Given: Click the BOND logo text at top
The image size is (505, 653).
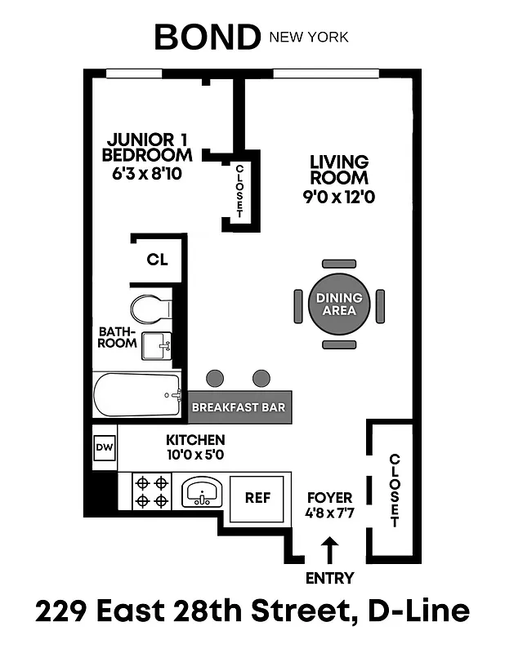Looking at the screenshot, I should pos(207,37).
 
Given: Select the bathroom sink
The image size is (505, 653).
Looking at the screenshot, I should pos(156,346).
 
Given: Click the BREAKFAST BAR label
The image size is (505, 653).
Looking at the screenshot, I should pos(238,406).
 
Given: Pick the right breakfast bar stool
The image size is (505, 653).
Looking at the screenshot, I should pos(261,378).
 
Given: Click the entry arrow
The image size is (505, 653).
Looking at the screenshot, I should pos(330,549).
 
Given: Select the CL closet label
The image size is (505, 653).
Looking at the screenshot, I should pos(157,260).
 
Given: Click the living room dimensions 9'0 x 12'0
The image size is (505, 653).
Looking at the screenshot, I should pos(338,196).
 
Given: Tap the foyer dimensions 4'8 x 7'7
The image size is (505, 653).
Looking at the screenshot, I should pos(329,514).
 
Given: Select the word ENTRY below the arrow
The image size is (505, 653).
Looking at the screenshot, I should pos(330,578).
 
